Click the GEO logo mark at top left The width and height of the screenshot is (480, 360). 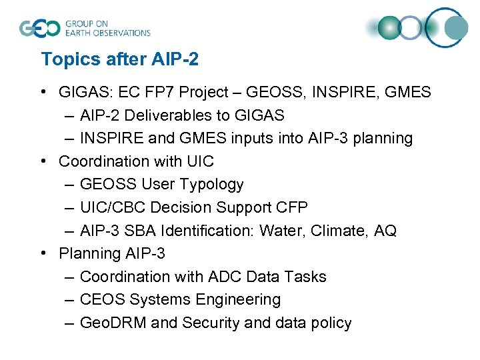(x=39, y=29)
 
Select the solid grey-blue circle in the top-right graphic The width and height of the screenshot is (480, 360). (x=457, y=28)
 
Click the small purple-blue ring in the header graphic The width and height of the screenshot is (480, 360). (x=412, y=28)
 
